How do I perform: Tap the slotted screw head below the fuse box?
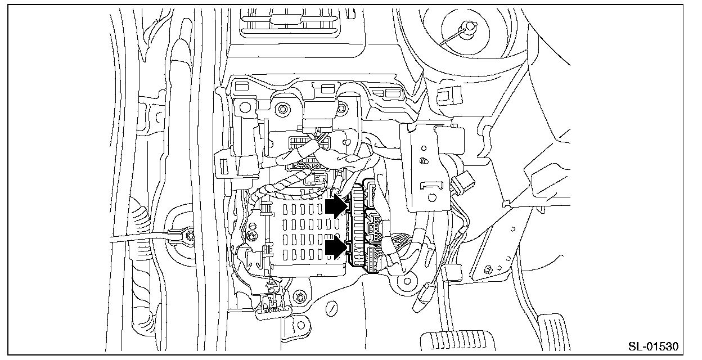click(332, 308)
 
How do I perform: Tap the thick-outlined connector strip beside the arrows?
click(356, 228)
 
